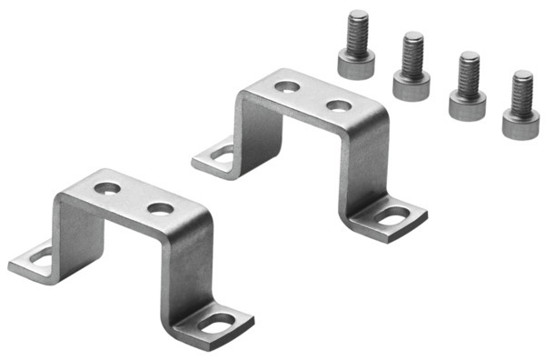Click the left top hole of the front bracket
(107, 189)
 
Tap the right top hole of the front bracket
(160, 208)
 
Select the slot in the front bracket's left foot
(41, 257)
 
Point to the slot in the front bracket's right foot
(220, 322)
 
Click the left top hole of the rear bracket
(288, 87)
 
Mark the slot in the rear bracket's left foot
(223, 153)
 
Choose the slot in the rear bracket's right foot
(392, 216)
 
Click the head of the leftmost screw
(357, 65)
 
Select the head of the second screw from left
(411, 85)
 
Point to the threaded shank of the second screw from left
(413, 53)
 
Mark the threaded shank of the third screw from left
(469, 71)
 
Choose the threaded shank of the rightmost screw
(522, 91)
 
